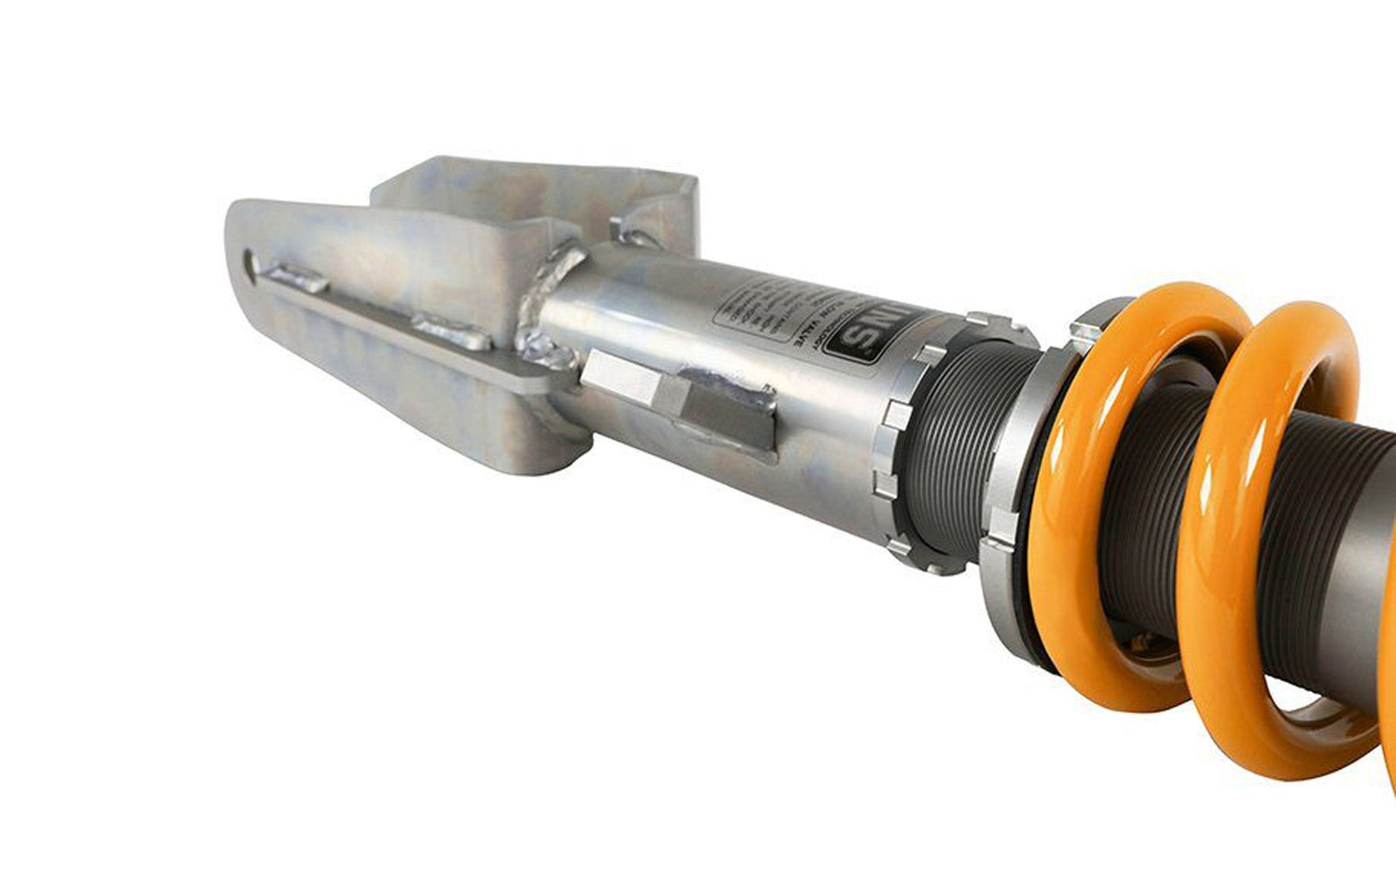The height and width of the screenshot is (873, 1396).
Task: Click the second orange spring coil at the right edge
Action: point(1286,515)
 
